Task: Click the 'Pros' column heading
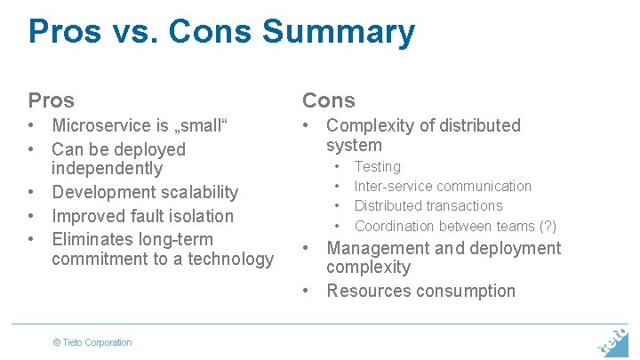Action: (51, 100)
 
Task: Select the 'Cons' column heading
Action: (328, 100)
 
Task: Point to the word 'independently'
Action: (107, 168)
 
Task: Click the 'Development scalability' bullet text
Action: (145, 192)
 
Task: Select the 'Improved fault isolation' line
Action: (142, 216)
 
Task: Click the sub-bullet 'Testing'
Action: (377, 167)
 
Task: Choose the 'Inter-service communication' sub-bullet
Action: (443, 187)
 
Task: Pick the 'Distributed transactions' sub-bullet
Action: (428, 206)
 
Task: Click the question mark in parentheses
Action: (548, 227)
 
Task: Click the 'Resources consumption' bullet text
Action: (420, 291)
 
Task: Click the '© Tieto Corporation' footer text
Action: (92, 342)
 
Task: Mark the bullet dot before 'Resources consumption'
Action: (307, 291)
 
